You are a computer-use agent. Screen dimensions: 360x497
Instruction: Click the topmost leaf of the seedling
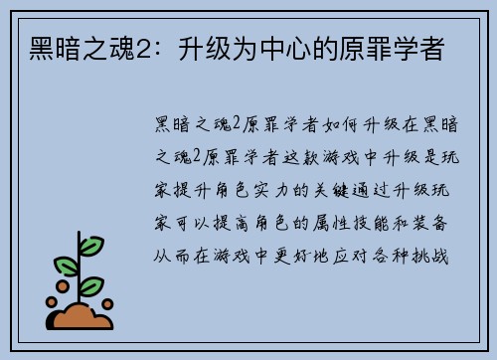click(91, 245)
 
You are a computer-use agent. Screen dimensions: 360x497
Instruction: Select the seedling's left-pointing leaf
click(67, 265)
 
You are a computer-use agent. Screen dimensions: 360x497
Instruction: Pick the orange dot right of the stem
click(107, 303)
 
